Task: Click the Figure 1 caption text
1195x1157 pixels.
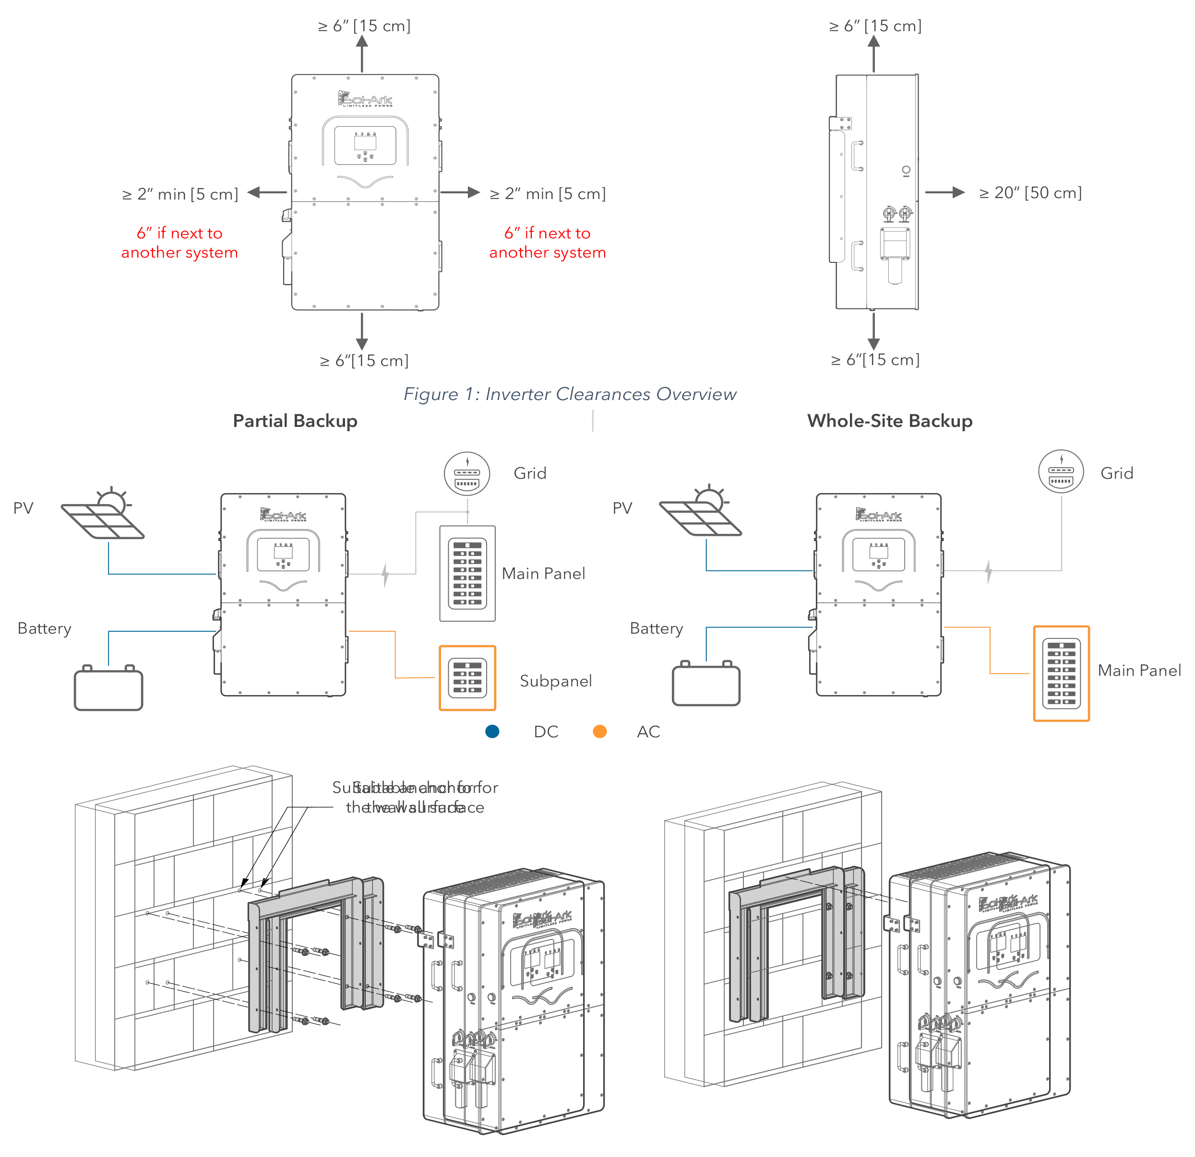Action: (x=570, y=394)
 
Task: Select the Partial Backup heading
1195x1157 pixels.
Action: (x=295, y=421)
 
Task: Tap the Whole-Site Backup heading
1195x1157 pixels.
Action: (x=890, y=421)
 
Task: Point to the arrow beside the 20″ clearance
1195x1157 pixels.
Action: (x=944, y=192)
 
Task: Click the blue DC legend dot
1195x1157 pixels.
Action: (x=492, y=731)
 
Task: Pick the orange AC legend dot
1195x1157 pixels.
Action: (x=600, y=731)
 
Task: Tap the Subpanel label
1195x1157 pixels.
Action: (x=555, y=681)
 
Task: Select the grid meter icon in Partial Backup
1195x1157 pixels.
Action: (x=467, y=473)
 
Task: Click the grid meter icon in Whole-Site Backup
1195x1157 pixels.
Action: (x=1061, y=472)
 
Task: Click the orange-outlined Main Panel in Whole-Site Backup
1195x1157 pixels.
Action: (x=1062, y=673)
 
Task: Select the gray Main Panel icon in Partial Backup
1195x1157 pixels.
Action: (x=467, y=573)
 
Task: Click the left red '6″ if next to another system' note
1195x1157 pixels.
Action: (x=179, y=243)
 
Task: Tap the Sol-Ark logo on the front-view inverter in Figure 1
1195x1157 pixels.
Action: (x=365, y=99)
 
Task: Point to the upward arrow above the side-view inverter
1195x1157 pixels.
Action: (x=873, y=52)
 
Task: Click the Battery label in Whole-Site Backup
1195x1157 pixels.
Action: (x=656, y=628)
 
